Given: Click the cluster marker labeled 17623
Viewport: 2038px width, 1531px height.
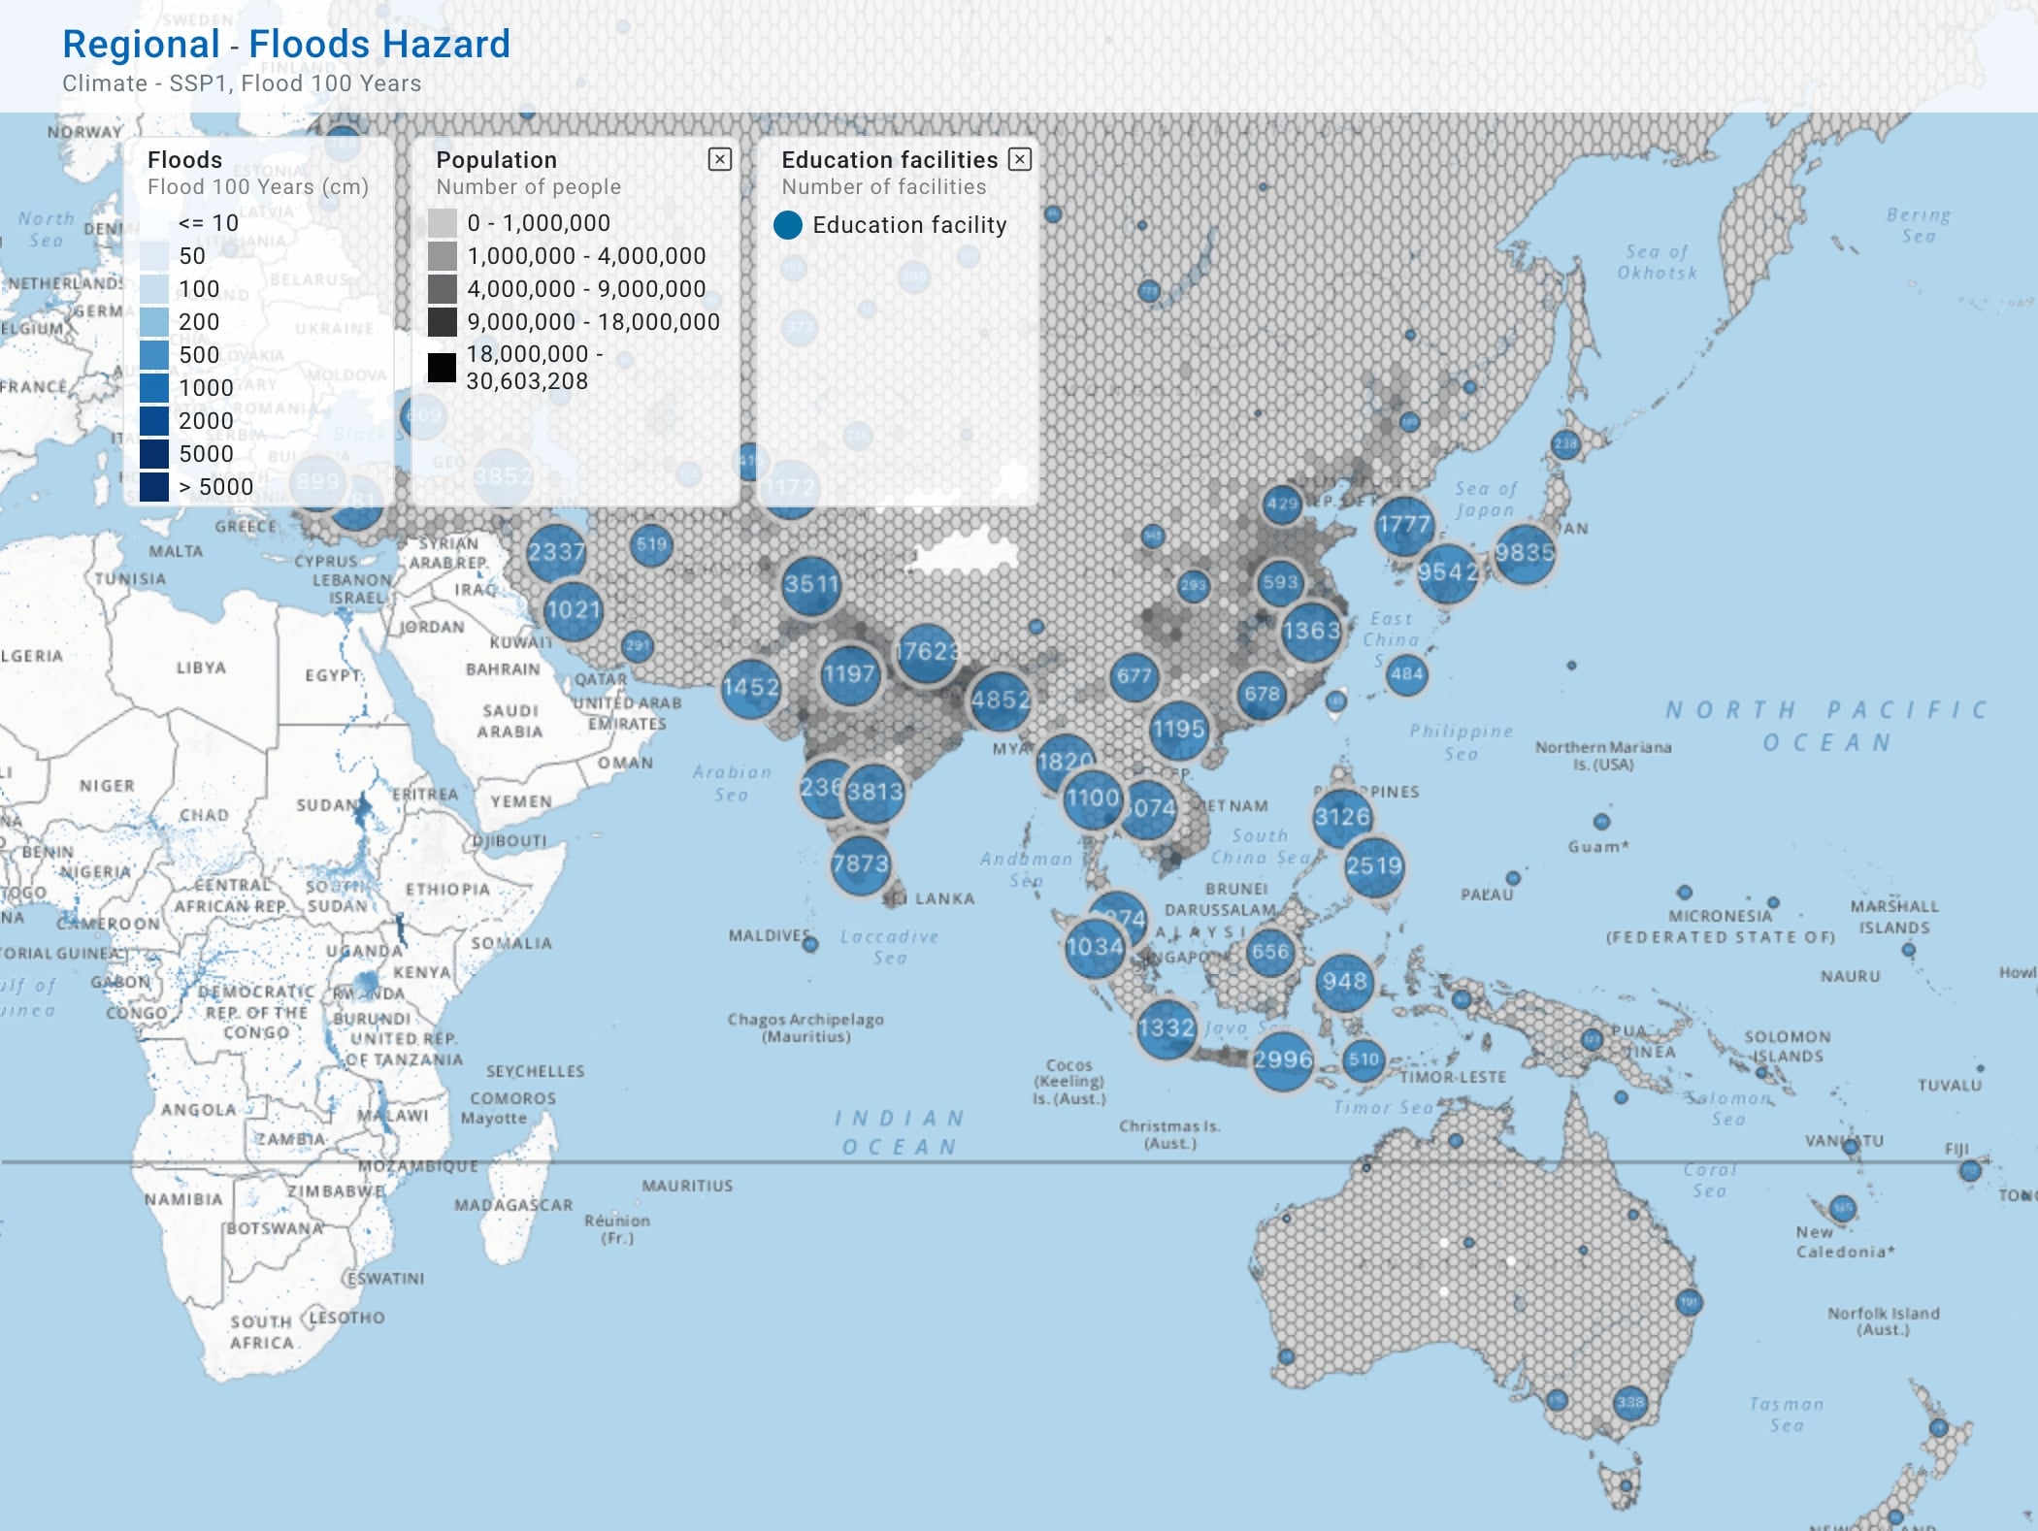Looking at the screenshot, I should (x=927, y=651).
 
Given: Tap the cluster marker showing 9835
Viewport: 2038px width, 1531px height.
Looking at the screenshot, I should (x=1524, y=553).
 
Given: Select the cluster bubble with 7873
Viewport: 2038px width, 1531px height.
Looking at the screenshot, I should (x=860, y=863).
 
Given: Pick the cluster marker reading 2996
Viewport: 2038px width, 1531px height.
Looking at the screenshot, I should (x=1282, y=1059).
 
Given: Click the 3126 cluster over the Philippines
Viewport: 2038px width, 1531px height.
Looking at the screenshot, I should (x=1342, y=817).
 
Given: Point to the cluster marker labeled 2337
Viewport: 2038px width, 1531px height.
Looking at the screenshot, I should (x=556, y=553).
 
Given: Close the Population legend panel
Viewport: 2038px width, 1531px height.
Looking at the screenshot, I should (x=719, y=159).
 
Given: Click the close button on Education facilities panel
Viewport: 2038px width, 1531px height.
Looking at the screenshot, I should (x=1019, y=159).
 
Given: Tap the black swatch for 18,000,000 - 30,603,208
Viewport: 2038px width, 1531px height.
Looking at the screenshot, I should (x=442, y=368).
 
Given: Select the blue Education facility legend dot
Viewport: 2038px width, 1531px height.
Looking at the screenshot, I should (x=788, y=225).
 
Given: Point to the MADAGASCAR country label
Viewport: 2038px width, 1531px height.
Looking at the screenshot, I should (x=513, y=1205).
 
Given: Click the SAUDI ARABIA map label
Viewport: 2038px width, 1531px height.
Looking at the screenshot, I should (x=509, y=721).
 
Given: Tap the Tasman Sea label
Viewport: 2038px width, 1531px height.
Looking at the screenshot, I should (x=1786, y=1415).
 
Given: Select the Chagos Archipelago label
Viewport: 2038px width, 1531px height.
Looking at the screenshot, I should (x=805, y=1027).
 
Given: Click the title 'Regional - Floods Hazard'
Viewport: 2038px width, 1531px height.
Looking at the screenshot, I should (x=286, y=44).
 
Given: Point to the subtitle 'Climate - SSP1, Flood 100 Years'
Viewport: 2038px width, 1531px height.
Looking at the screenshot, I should (x=242, y=83).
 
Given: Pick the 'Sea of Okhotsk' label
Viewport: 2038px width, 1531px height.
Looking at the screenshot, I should (x=1657, y=262).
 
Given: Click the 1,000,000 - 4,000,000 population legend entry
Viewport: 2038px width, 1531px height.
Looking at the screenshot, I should (x=586, y=256).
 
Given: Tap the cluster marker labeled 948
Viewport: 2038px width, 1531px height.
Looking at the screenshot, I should (x=1344, y=982).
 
